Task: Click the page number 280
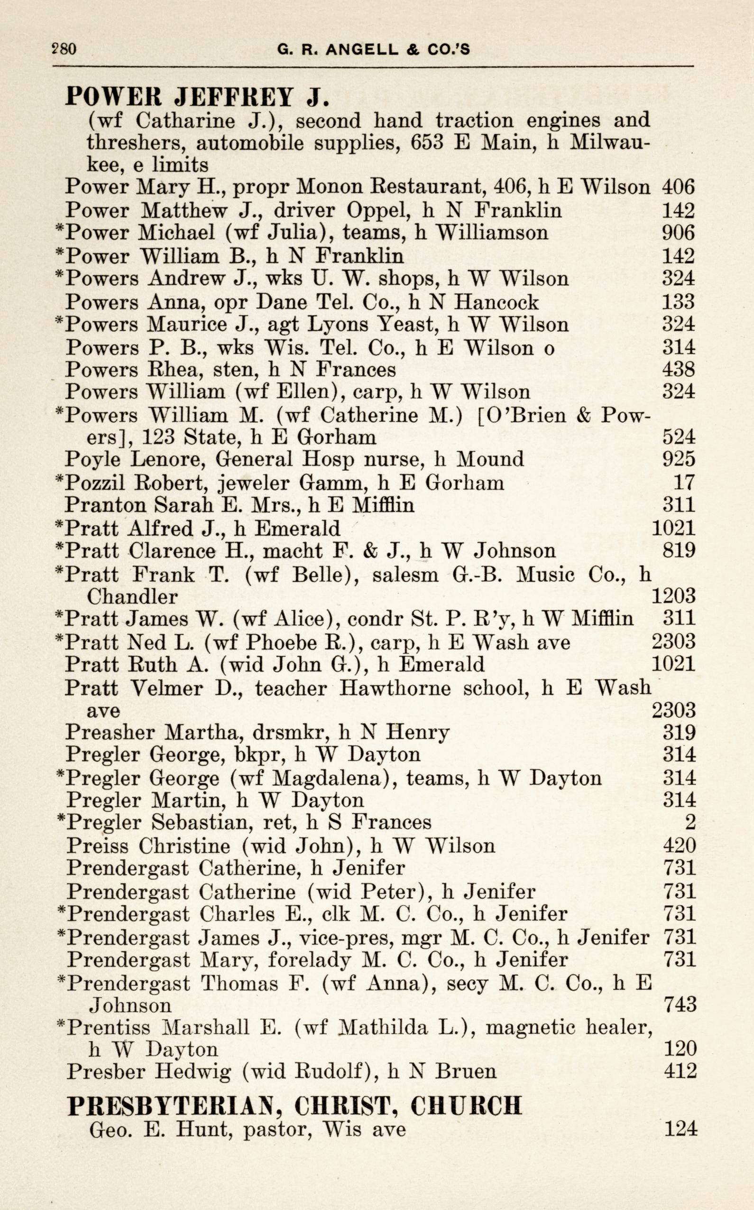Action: click(x=64, y=49)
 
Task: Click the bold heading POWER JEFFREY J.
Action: click(x=197, y=96)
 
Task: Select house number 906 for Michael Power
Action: click(x=678, y=233)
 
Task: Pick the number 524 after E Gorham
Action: click(x=678, y=437)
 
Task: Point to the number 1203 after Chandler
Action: click(x=673, y=596)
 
